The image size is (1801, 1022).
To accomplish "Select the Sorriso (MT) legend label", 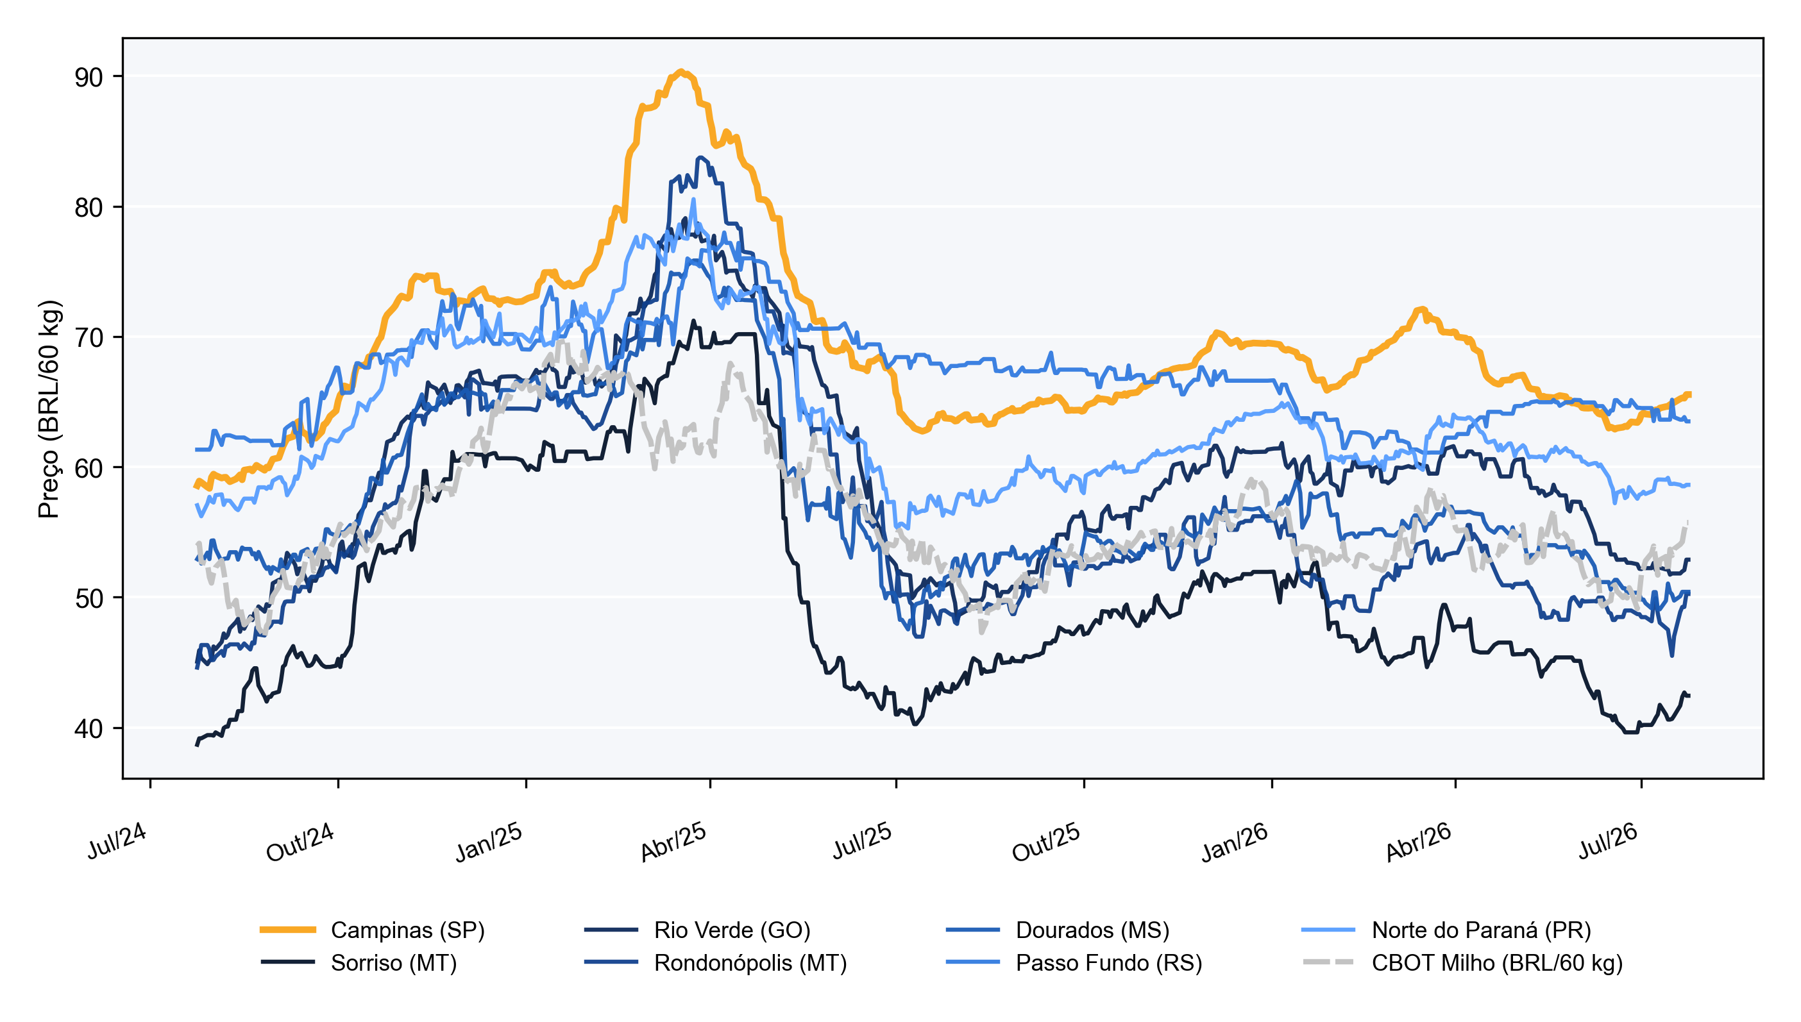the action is tap(394, 962).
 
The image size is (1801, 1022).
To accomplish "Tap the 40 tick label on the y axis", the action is tap(89, 728).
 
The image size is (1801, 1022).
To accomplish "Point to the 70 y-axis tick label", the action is tap(89, 338).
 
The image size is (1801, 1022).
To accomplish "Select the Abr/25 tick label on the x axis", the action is tap(673, 842).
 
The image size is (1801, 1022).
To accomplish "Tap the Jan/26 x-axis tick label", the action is tap(1235, 842).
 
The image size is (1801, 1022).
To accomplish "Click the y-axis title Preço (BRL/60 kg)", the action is tap(49, 409).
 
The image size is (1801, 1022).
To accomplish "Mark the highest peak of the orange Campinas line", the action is tap(681, 71).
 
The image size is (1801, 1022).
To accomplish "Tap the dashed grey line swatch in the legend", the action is tap(1328, 962).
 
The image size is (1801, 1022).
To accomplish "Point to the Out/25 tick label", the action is tap(1045, 842).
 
